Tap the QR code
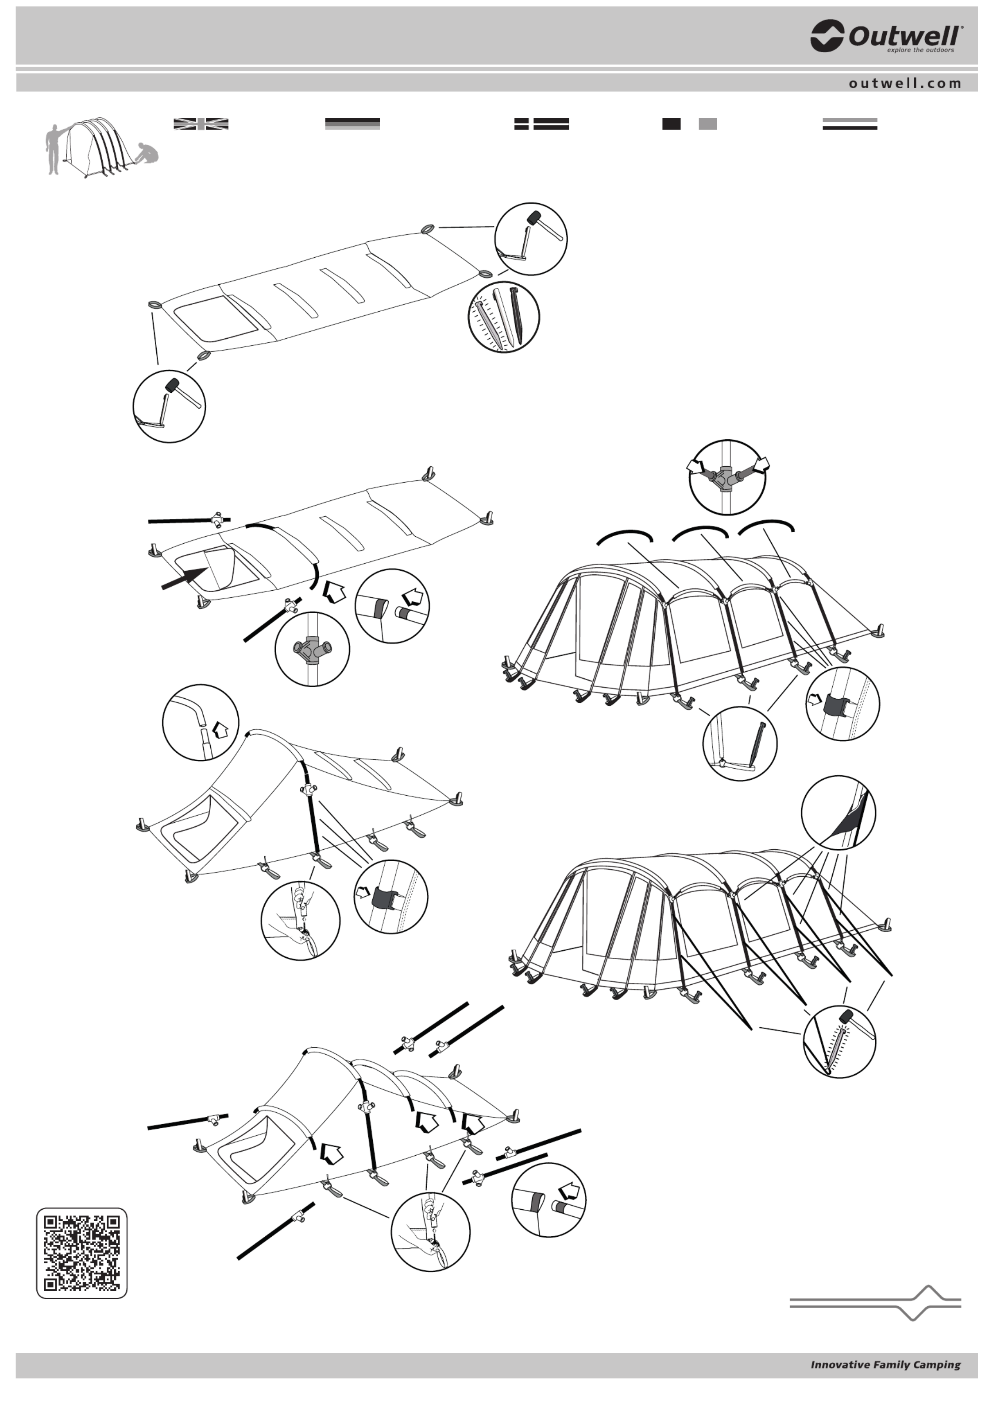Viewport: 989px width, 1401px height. (x=82, y=1253)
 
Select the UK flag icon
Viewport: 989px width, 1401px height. (x=201, y=124)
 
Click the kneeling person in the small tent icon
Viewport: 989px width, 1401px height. (x=147, y=154)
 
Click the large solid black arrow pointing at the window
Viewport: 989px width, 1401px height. (x=185, y=578)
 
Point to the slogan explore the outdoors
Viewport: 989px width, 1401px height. (x=920, y=50)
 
